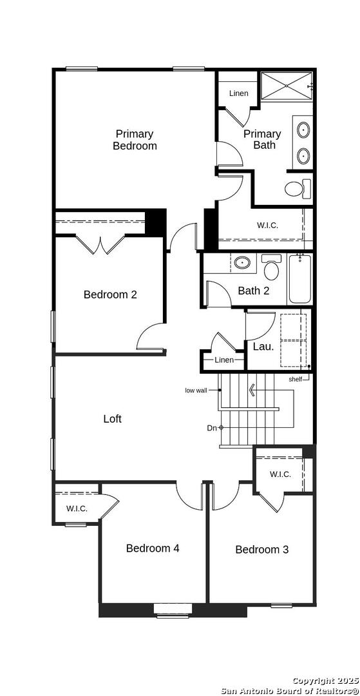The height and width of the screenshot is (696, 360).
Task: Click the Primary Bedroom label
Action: coord(135,139)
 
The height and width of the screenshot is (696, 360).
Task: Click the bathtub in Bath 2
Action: coord(299,279)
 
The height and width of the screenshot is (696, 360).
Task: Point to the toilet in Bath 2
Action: coord(271,266)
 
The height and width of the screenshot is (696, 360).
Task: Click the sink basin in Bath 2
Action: coord(242,263)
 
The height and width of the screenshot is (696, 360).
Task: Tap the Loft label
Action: coord(113,419)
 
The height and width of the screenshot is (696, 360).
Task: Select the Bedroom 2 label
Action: coord(110,295)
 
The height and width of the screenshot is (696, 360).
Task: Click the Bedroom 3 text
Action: coord(262,550)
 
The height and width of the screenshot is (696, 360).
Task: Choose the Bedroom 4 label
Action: coord(153,548)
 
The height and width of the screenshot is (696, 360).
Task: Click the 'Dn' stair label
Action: coord(211,428)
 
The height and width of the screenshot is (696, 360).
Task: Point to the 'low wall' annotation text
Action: coord(196,391)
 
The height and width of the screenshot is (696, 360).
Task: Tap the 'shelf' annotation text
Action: coord(296,379)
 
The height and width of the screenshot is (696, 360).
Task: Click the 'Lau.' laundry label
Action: coord(263,347)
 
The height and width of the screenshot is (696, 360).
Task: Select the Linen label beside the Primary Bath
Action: coord(238,93)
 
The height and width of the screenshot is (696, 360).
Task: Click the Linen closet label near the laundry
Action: coord(224,360)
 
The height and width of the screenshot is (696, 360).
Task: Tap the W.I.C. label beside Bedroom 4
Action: coord(77,508)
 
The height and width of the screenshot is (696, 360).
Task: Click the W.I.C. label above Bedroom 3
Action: coord(281,474)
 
